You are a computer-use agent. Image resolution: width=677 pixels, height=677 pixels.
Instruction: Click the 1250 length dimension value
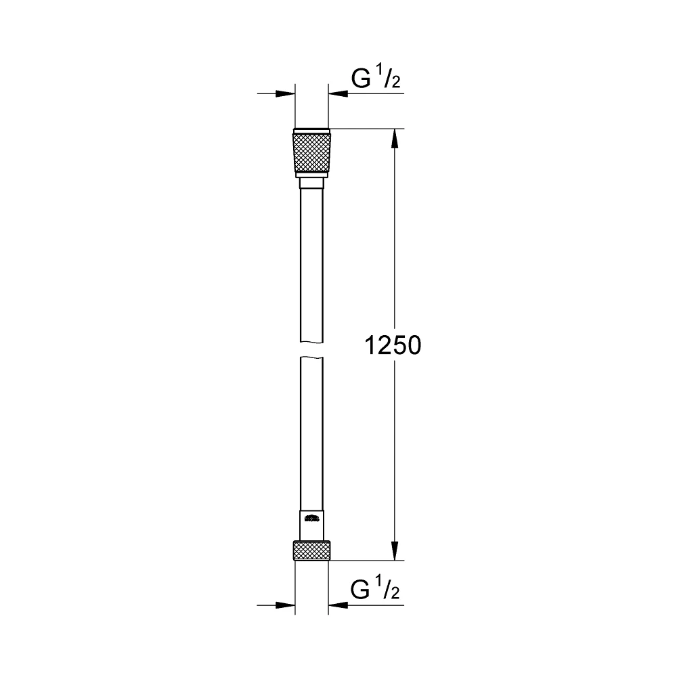click(x=393, y=346)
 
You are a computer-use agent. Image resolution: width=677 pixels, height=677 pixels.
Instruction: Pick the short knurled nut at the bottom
click(x=312, y=550)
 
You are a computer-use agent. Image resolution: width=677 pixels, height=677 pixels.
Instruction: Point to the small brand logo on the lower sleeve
click(x=311, y=520)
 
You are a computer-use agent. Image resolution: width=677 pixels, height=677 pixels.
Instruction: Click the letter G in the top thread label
click(x=360, y=80)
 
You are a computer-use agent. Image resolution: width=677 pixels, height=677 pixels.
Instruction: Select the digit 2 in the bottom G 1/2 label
click(x=395, y=594)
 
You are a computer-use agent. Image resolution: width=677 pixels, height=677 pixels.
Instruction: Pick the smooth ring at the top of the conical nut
click(x=312, y=131)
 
